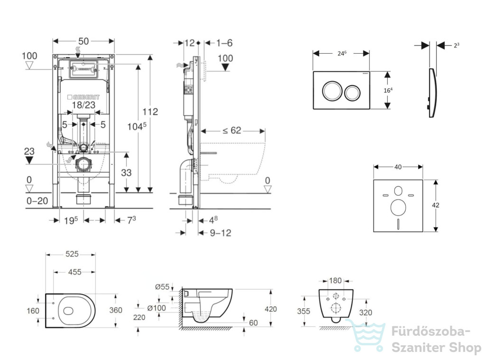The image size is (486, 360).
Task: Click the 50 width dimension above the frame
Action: pyautogui.click(x=84, y=41)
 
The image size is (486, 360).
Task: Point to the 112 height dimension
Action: pyautogui.click(x=150, y=112)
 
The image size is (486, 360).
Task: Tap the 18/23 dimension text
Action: pyautogui.click(x=84, y=105)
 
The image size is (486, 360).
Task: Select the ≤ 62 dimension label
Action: pyautogui.click(x=232, y=131)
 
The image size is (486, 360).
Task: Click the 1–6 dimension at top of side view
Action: pyautogui.click(x=224, y=43)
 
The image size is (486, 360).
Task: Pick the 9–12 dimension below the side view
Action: pyautogui.click(x=220, y=233)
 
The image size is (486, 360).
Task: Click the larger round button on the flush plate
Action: pyautogui.click(x=332, y=91)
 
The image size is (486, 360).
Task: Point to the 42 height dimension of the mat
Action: pyautogui.click(x=436, y=205)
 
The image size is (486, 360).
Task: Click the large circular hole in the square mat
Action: pyautogui.click(x=398, y=208)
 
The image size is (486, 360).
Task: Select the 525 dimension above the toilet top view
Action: pyautogui.click(x=72, y=254)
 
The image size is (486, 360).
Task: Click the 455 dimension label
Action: pyautogui.click(x=75, y=272)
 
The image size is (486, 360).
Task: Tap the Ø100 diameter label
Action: pyautogui.click(x=157, y=308)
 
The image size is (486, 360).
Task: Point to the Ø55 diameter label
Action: pyautogui.click(x=162, y=287)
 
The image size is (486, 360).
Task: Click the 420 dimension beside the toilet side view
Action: pyautogui.click(x=271, y=309)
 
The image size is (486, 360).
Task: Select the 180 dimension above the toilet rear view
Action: pyautogui.click(x=335, y=281)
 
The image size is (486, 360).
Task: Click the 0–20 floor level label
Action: pyautogui.click(x=37, y=201)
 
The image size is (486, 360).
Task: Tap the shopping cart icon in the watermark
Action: pyautogui.click(x=366, y=335)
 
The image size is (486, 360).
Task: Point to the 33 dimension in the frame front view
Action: pyautogui.click(x=126, y=173)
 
